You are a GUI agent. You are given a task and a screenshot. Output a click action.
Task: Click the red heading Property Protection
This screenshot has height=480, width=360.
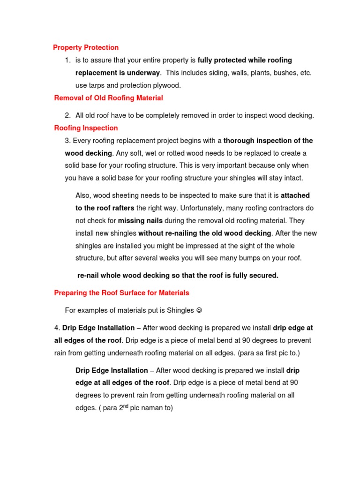(86, 47)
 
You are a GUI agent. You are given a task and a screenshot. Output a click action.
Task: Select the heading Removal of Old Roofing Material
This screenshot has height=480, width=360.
(109, 98)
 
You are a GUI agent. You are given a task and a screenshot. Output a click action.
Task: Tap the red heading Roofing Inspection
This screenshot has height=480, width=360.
(86, 128)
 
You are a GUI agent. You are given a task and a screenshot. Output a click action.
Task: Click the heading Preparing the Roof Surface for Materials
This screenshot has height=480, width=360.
(122, 292)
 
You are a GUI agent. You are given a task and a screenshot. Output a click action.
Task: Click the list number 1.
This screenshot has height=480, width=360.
(67, 60)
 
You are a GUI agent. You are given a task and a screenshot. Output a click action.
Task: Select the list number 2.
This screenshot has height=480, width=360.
(67, 115)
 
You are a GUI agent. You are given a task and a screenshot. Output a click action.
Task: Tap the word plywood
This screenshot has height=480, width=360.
(166, 85)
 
